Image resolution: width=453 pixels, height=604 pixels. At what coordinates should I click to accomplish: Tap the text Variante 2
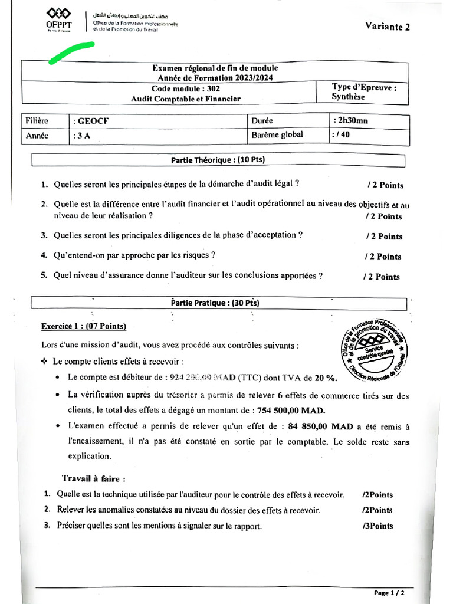pos(387,26)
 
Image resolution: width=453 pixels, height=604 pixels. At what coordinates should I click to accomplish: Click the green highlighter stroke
pos(72,51)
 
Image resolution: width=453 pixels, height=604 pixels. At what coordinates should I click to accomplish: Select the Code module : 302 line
pos(185,88)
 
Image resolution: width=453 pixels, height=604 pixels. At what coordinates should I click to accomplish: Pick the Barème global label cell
pos(277,135)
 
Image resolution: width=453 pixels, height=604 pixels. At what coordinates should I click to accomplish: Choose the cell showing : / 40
pos(342,135)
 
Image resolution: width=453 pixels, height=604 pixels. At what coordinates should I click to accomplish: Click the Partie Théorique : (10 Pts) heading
pos(217,160)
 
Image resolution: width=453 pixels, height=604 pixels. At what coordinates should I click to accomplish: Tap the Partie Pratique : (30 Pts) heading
pos(217,303)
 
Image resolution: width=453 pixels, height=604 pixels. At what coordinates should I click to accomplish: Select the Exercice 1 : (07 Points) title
pos(83,326)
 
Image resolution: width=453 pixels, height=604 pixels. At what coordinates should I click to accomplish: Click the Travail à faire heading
pos(94,478)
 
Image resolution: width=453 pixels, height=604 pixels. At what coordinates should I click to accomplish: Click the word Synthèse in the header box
pos(348,97)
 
